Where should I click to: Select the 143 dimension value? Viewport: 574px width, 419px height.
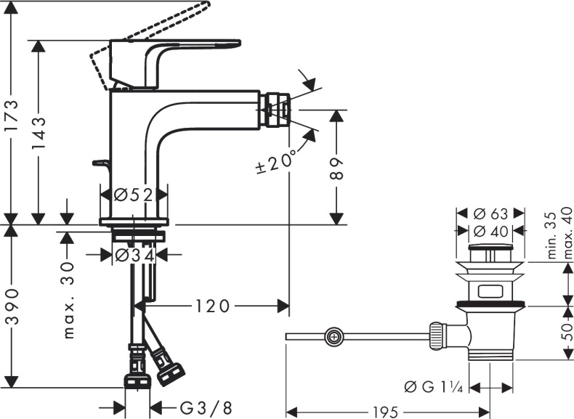(x=41, y=131)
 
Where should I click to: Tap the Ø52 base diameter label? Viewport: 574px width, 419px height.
(x=133, y=195)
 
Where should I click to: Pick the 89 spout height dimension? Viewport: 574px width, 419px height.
(x=336, y=168)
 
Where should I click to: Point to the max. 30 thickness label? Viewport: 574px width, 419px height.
(x=69, y=301)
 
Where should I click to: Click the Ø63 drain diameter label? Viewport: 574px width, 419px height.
(x=490, y=214)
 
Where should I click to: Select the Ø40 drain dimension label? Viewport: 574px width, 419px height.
(x=490, y=231)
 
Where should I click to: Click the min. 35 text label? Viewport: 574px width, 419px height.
(x=553, y=236)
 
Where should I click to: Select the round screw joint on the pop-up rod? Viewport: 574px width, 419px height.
(x=334, y=336)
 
